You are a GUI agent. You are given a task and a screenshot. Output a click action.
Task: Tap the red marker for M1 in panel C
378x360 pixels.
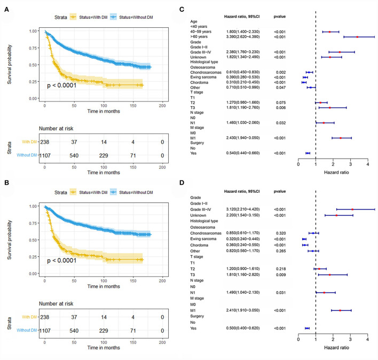coord(340,138)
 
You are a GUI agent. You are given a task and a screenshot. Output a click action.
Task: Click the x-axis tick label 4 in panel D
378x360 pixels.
coord(367,339)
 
